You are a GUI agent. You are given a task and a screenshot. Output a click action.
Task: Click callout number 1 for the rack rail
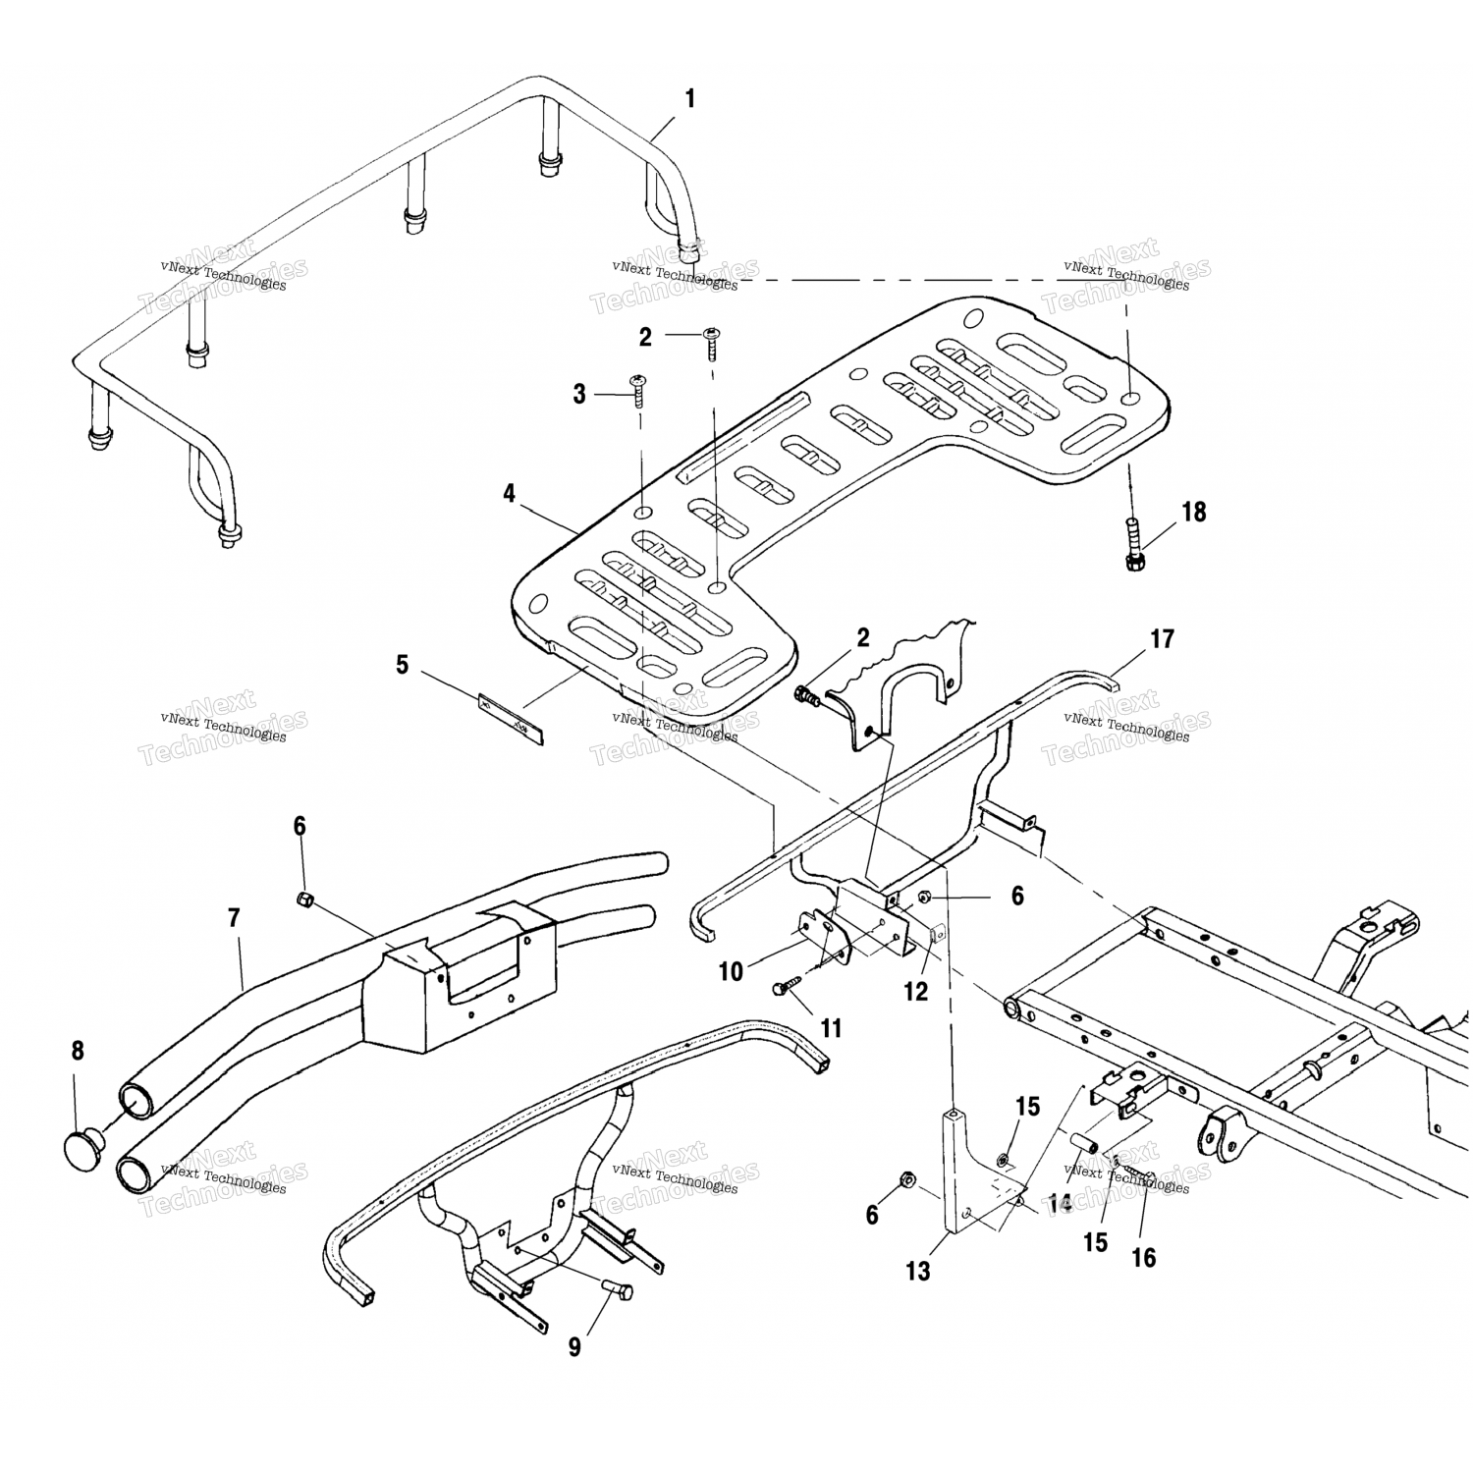(689, 99)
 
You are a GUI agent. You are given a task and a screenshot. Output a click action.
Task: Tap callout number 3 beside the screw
(579, 395)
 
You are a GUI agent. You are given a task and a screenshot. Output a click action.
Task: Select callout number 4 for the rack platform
(509, 494)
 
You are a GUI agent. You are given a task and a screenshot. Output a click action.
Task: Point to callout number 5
(402, 665)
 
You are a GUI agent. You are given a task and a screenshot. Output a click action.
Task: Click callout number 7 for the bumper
(233, 919)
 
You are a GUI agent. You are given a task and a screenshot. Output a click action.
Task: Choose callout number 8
(78, 1051)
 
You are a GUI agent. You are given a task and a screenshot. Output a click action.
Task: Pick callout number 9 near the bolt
(574, 1347)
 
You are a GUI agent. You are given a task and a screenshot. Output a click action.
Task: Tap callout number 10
(731, 972)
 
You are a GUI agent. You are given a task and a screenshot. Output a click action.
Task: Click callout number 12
(915, 992)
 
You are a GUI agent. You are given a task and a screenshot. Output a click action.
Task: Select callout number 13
(918, 1272)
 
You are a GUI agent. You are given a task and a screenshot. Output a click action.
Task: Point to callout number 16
(1144, 1258)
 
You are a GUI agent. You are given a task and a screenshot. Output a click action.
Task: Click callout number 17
(1162, 639)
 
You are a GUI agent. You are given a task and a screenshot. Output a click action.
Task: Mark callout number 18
(1194, 512)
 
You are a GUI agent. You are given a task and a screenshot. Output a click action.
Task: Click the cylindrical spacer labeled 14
(1083, 1146)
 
